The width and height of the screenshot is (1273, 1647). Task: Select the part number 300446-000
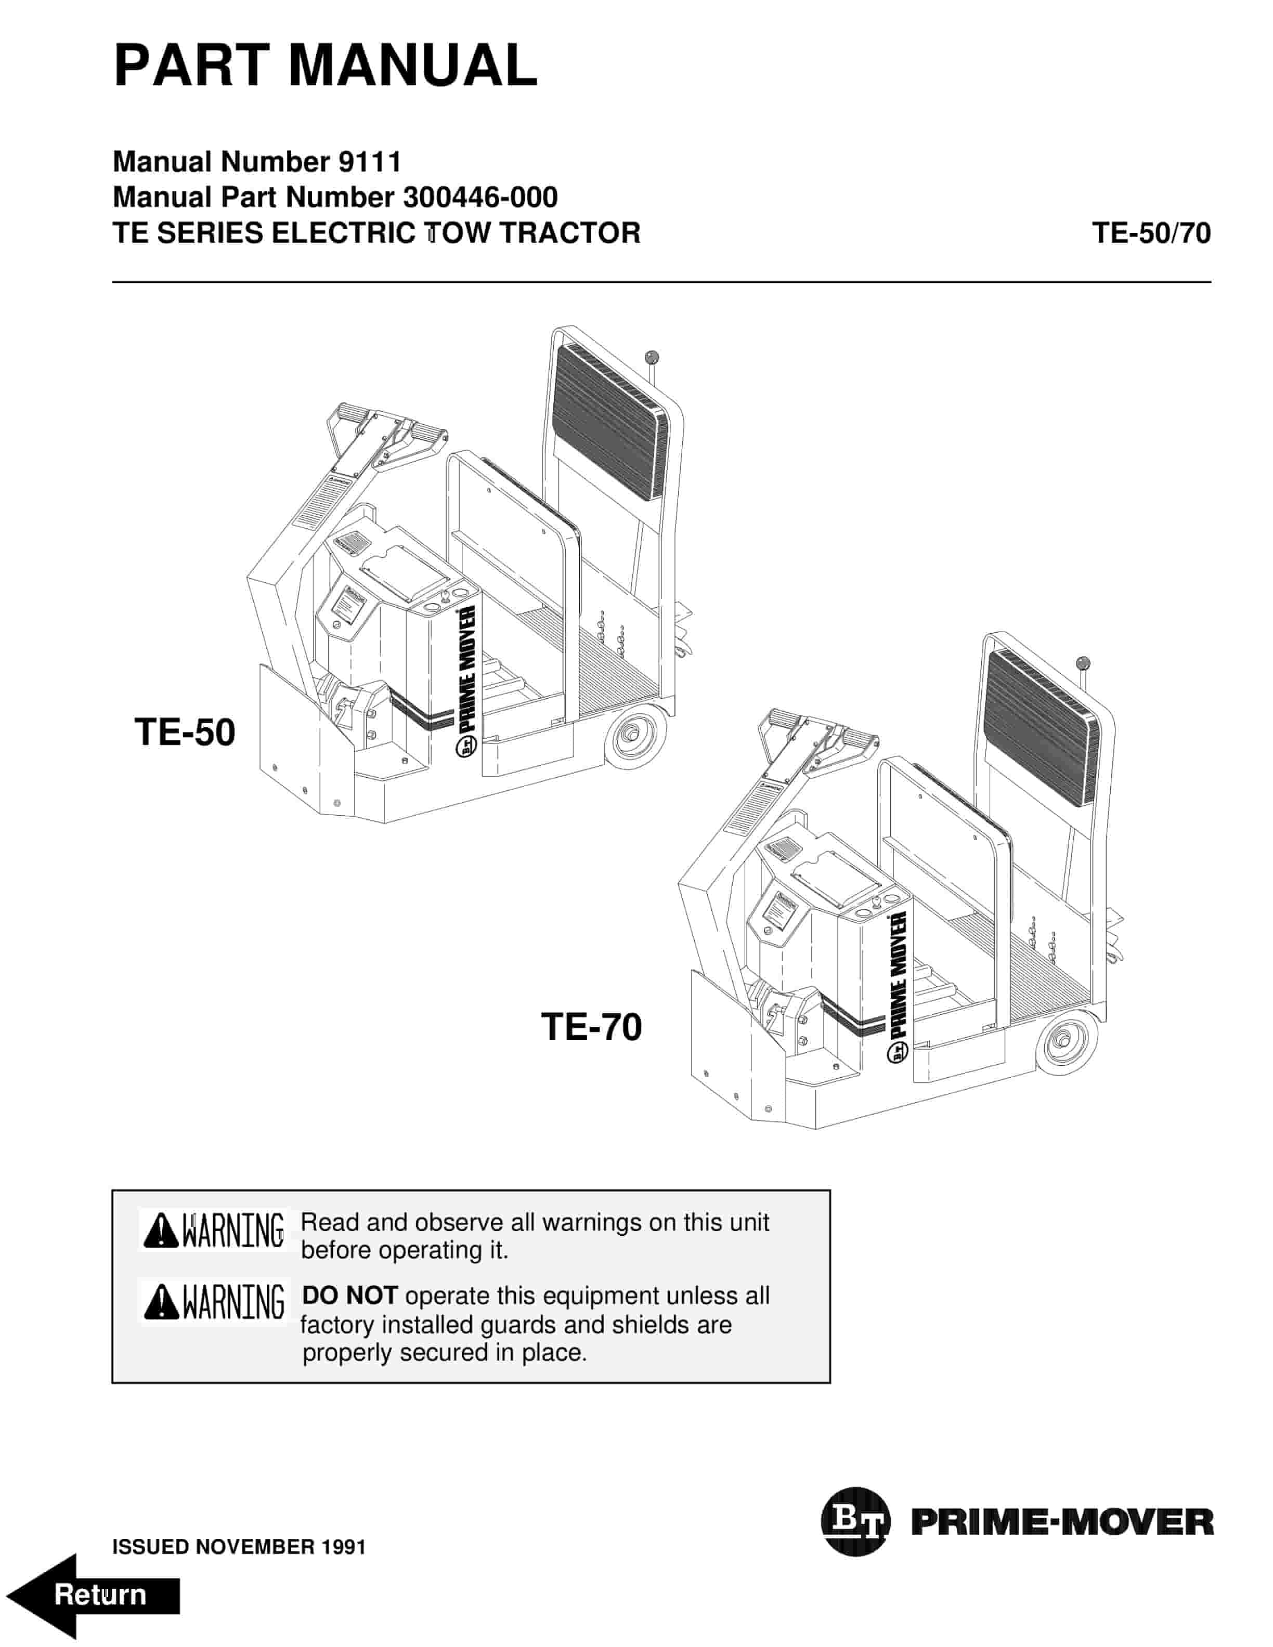(x=480, y=198)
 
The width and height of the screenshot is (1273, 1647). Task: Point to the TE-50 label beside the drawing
(x=185, y=732)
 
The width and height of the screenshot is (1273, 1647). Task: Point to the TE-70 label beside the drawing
(x=591, y=1027)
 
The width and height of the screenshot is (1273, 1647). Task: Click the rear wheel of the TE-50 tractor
(x=636, y=737)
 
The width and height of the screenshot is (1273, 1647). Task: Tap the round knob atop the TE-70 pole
(x=1083, y=663)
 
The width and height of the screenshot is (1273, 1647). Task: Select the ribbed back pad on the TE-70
(x=1040, y=729)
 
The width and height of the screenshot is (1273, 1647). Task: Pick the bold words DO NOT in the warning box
(x=349, y=1296)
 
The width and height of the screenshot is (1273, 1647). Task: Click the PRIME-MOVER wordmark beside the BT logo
(x=1062, y=1523)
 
